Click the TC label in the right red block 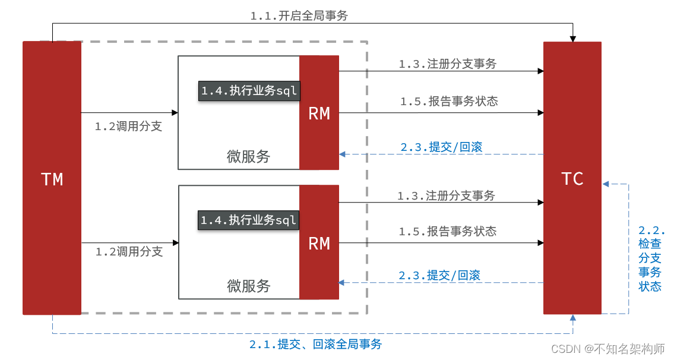(x=572, y=179)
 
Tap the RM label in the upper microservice (x=319, y=113)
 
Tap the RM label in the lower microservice (x=319, y=244)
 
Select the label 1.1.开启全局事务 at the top (x=299, y=16)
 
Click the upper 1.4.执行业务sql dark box (x=249, y=91)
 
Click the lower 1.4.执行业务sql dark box (x=248, y=220)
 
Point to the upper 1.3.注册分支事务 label (x=447, y=64)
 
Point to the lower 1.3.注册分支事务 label (x=446, y=195)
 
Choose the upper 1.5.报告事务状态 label (x=448, y=102)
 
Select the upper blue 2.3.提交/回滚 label (x=441, y=147)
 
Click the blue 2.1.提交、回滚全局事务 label (x=315, y=344)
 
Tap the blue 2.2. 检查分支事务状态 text (x=651, y=258)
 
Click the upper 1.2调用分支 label (x=128, y=126)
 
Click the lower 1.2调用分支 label (x=129, y=251)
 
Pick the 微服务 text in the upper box (x=248, y=156)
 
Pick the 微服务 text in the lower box (x=249, y=286)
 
